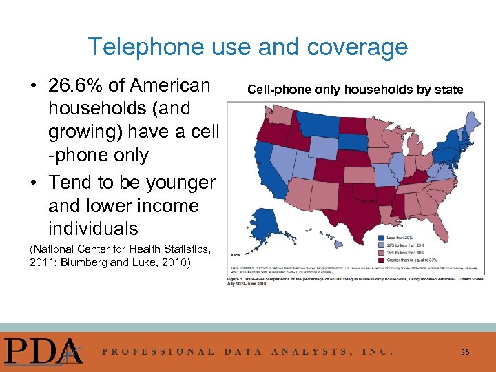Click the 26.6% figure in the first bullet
76,85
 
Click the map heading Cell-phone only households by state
355,90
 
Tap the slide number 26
465,352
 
